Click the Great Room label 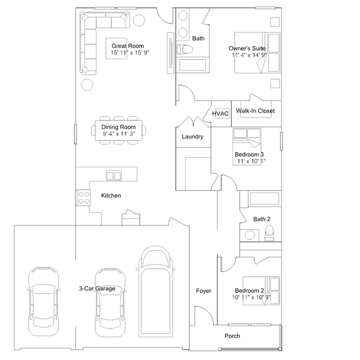tap(128, 46)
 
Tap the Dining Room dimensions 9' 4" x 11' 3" tap(119, 134)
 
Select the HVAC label tap(220, 114)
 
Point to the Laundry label tap(193, 136)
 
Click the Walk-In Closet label tap(255, 111)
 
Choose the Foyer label tap(203, 291)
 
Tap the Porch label tap(232, 336)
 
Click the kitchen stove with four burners tap(83, 198)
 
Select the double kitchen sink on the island tap(114, 176)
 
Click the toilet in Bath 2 tap(269, 233)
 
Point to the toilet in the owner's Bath tap(185, 49)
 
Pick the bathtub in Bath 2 tap(264, 199)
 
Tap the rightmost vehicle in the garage tap(155, 292)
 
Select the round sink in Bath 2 tap(250, 235)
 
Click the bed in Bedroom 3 tap(247, 146)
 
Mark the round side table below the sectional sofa tap(87, 85)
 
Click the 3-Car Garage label tap(97, 288)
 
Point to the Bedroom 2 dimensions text tap(251, 297)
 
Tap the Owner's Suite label tap(247, 48)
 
